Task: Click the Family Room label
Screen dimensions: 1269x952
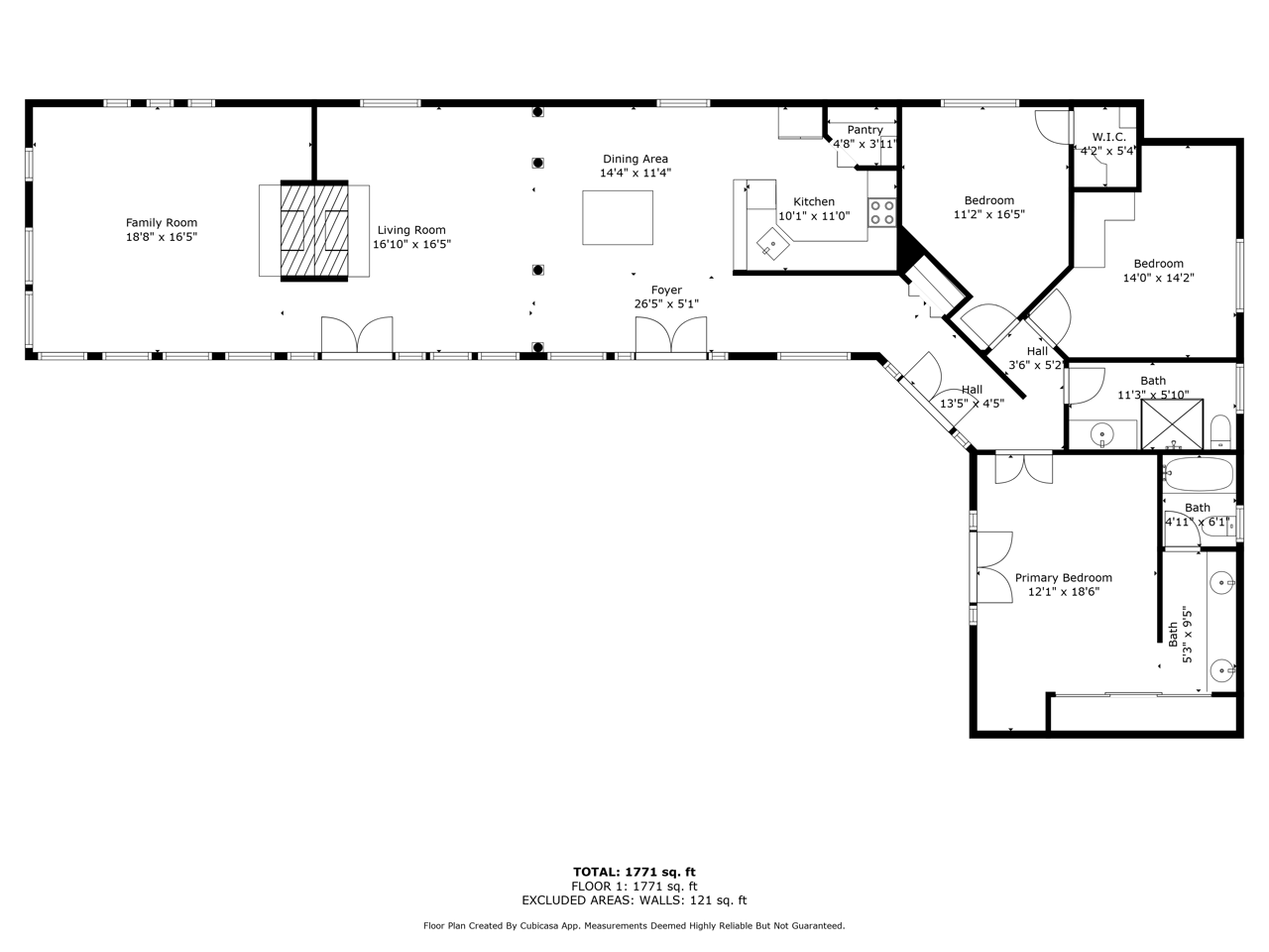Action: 162,222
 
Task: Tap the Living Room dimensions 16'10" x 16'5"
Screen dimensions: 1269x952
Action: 411,244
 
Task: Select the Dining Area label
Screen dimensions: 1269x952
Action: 635,159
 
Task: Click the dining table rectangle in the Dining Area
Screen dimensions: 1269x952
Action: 618,217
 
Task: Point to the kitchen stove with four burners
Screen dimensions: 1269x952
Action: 881,212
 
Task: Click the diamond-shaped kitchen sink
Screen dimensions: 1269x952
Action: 773,245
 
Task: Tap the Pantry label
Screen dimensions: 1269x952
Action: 865,130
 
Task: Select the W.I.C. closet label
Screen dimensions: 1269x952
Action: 1108,137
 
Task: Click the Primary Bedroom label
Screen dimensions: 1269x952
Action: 1063,577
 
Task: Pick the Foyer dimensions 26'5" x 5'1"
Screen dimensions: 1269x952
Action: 666,303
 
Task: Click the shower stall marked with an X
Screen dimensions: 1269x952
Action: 1172,424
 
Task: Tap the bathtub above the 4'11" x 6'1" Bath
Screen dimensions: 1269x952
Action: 1198,474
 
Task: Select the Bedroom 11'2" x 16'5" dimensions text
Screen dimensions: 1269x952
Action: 989,214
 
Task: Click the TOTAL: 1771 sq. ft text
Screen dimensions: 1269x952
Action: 634,873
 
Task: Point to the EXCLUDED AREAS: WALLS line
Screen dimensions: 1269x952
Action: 634,900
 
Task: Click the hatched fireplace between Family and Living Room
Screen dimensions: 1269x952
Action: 314,231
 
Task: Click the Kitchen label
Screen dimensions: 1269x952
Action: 813,201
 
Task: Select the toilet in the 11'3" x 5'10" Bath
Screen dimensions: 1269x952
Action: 1221,431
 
